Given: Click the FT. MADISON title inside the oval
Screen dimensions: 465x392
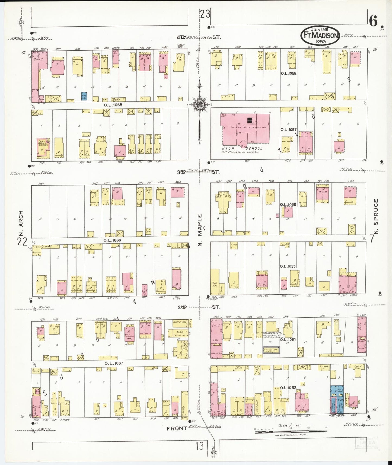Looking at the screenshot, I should [x=320, y=36].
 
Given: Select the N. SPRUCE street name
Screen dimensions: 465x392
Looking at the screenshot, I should [x=376, y=216].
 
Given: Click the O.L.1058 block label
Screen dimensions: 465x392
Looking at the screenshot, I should [x=289, y=73].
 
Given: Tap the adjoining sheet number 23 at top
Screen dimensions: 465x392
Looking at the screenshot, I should [x=205, y=14].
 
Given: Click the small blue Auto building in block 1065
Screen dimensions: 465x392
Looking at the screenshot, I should [x=84, y=95].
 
